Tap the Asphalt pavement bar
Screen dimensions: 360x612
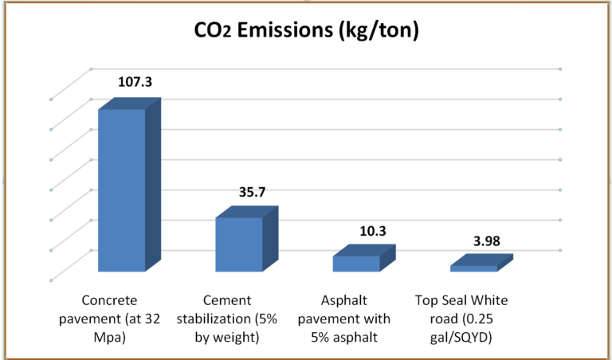pyautogui.click(x=356, y=264)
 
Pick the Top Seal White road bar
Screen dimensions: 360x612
pyautogui.click(x=473, y=268)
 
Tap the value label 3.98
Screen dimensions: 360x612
pyautogui.click(x=488, y=240)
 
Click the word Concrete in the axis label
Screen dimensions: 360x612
pyautogui.click(x=110, y=301)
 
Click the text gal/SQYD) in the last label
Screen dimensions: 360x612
pyautogui.click(x=462, y=336)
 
